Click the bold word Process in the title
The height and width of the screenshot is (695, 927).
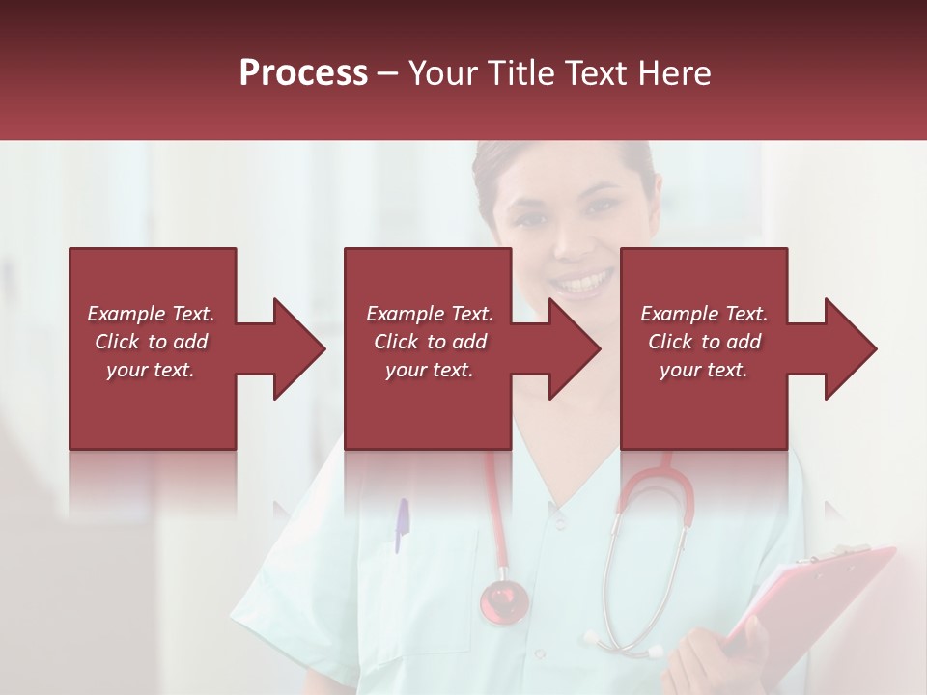tap(303, 72)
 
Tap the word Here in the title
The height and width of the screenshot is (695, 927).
tap(675, 72)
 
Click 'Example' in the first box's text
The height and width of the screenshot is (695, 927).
tap(126, 314)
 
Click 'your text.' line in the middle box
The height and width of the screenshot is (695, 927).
tap(429, 370)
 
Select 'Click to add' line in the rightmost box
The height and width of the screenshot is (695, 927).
tap(704, 342)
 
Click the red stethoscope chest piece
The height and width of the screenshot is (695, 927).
tap(504, 599)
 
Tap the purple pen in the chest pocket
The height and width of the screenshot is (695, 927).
tap(402, 525)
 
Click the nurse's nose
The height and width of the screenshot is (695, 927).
tap(577, 241)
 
